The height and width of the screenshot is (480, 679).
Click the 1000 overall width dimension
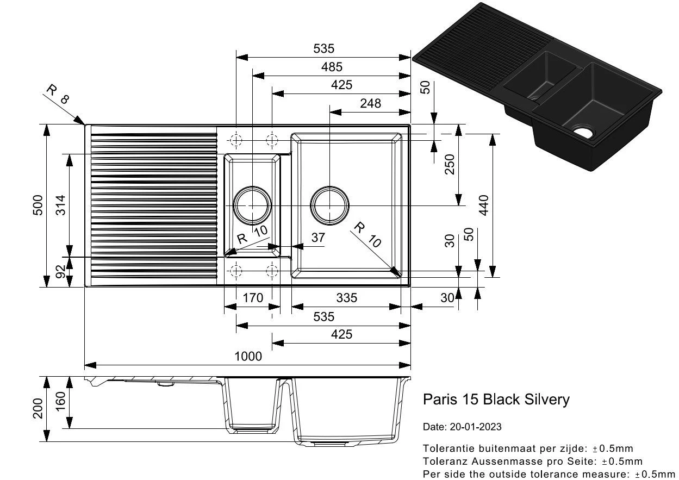tap(248, 357)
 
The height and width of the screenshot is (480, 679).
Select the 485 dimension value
tap(332, 67)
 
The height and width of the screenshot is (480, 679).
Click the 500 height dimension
tap(38, 205)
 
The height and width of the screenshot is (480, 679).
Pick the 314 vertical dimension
tap(60, 205)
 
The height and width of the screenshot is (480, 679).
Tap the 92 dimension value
tap(60, 271)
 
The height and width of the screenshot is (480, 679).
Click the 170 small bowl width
tap(253, 298)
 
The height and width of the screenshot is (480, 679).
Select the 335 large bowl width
tap(347, 298)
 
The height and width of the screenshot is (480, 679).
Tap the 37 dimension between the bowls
tap(318, 238)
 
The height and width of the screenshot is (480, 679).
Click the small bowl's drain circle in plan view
tap(252, 205)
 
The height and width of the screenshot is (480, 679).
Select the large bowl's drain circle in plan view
tap(329, 205)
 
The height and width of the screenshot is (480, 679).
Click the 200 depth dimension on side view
tap(38, 408)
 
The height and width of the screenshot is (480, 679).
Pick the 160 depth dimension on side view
tap(60, 402)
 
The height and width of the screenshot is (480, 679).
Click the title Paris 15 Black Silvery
tap(496, 400)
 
